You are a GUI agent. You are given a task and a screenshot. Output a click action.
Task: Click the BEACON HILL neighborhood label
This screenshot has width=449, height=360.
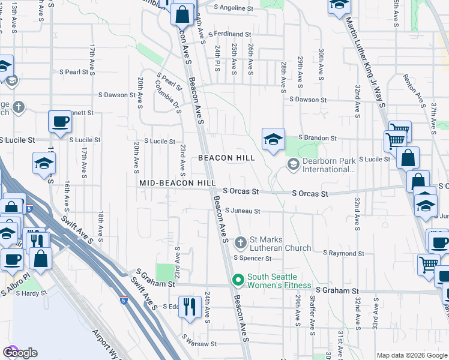coord(227,158)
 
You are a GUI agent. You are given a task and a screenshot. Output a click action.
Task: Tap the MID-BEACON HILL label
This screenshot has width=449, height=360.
coord(177,182)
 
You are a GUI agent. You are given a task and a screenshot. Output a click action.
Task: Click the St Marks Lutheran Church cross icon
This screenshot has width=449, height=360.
coord(240,243)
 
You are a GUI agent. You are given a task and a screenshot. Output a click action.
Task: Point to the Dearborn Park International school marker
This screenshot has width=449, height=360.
coord(293,164)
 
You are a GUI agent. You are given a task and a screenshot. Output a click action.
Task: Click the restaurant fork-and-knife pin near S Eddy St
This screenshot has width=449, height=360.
coord(190,307)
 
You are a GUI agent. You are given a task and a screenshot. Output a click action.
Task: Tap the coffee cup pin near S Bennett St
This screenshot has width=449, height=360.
coord(60,122)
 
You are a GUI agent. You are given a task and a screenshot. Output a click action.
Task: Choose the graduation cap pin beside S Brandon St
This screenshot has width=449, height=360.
coord(273,140)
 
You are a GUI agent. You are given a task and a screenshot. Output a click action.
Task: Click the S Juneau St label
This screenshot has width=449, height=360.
coord(242,211)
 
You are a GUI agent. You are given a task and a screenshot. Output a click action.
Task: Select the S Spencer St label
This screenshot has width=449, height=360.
coord(252,259)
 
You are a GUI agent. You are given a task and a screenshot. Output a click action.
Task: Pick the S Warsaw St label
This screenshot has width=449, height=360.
coord(199,344)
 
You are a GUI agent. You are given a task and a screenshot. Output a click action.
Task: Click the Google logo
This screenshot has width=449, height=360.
coord(20,353)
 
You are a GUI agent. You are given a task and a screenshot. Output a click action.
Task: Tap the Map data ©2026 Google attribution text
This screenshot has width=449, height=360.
coord(411,355)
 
